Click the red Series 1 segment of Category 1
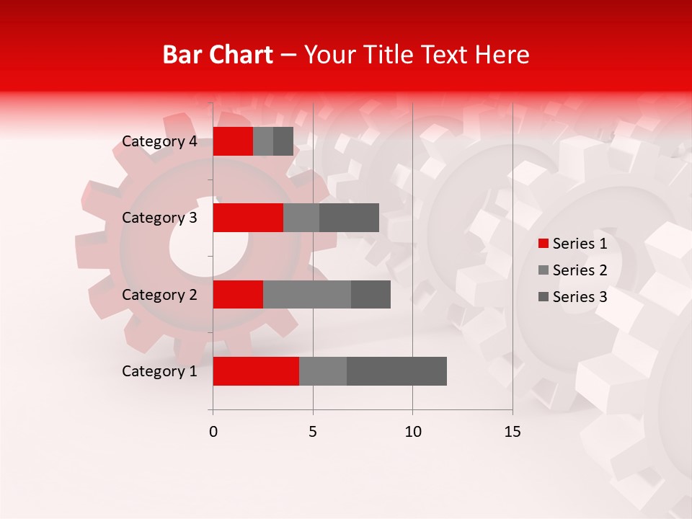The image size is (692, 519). coord(256,371)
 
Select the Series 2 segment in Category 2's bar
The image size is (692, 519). coord(307,294)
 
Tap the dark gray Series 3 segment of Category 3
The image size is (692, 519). coord(349,218)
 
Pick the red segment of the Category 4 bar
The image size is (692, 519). coord(233,141)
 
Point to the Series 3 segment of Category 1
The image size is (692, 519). coord(396,371)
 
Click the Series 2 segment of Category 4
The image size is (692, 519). coord(263,141)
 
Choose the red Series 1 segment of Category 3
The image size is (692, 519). coord(248,218)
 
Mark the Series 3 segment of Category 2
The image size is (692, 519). coord(371,294)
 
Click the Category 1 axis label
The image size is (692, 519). coord(159,371)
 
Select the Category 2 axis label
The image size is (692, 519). coord(159,294)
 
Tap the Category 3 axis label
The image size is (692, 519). coord(159,218)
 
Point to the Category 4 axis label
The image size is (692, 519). coord(159,141)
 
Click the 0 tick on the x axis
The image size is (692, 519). coord(213,432)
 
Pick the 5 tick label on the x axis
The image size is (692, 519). coord(313,432)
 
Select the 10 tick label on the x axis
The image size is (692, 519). coord(412,432)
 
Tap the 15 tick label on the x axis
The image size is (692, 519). coord(513,432)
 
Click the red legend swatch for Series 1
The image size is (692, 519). coord(544,244)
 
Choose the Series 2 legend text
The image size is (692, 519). coord(580,270)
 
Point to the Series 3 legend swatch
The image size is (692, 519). coord(544,297)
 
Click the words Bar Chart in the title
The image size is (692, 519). coord(217,55)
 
